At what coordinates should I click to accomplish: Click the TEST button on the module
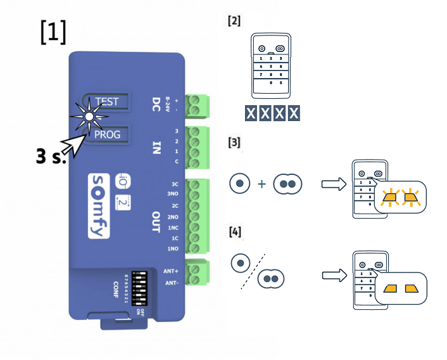tap(106, 101)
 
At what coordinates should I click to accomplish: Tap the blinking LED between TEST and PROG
tap(89, 117)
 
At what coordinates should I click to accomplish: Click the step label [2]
tap(234, 21)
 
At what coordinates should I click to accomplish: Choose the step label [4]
tap(234, 233)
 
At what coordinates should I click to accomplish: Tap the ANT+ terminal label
tap(170, 271)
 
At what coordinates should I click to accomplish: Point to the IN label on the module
tap(156, 148)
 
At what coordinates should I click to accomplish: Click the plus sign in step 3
tap(261, 184)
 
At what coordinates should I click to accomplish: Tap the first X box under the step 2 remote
tap(251, 113)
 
